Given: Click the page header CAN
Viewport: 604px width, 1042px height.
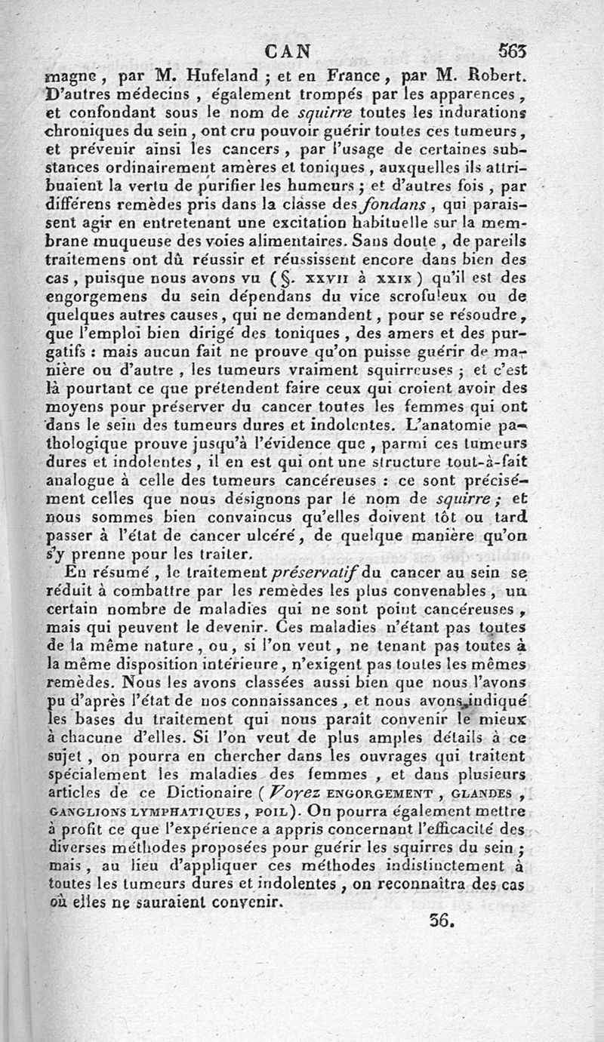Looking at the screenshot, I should [x=290, y=53].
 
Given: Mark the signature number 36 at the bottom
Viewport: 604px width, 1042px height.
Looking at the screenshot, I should [x=439, y=921].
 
